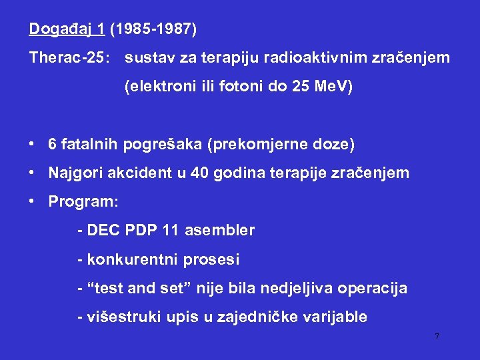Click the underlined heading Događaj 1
coord(67,30)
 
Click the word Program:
coord(83,201)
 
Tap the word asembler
coord(219,231)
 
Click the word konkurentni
coord(127,259)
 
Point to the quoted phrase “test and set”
coord(135,288)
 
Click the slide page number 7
coord(437,337)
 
